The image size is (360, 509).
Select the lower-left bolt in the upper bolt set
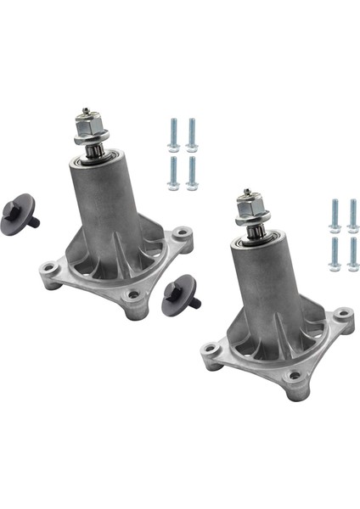[172, 169]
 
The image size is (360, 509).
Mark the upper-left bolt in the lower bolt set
[334, 214]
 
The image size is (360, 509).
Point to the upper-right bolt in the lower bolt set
[352, 214]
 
